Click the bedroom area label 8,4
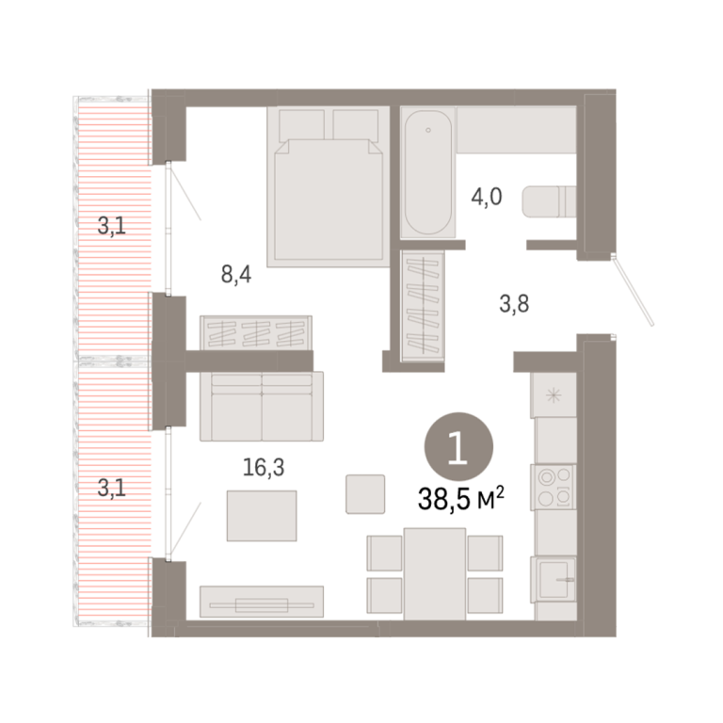pos(236,275)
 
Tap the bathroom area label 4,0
pos(487,197)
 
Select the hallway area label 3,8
pos(514,304)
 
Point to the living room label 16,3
pos(264,467)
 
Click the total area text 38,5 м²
pos(460,499)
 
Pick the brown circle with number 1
pos(458,447)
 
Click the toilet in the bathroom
pos(549,201)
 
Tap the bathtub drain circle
pos(428,130)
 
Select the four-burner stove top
pos(554,487)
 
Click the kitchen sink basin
pos(554,580)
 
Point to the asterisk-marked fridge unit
pos(554,395)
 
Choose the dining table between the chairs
pos(434,574)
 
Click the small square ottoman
pos(365,494)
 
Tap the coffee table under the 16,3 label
pos(262,516)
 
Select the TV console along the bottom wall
pos(262,602)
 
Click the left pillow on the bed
pos(301,124)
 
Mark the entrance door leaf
pos(633,292)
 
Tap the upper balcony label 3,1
pos(112,226)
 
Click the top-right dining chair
pos(485,553)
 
